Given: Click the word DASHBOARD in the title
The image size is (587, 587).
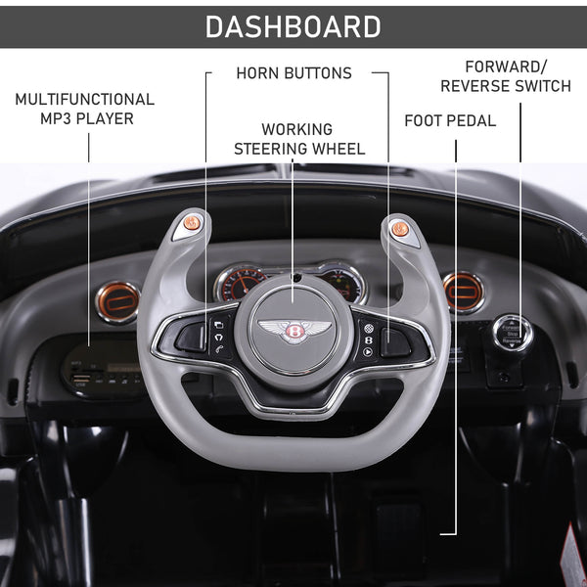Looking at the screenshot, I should point(293,26).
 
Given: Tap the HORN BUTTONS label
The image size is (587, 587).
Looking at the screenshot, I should point(293,73).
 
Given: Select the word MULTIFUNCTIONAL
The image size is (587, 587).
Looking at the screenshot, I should point(84,99).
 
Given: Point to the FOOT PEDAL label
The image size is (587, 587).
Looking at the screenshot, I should point(449,121).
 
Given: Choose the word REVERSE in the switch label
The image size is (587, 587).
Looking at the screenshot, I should point(474,86).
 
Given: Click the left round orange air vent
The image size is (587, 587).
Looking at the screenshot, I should point(118,300).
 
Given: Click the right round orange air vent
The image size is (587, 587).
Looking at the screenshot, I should point(463,291).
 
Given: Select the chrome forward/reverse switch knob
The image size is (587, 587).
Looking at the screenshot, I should point(512,334).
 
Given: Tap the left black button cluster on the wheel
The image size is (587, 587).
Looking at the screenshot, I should point(204,336).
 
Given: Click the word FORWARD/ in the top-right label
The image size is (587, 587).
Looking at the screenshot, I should point(506,67).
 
